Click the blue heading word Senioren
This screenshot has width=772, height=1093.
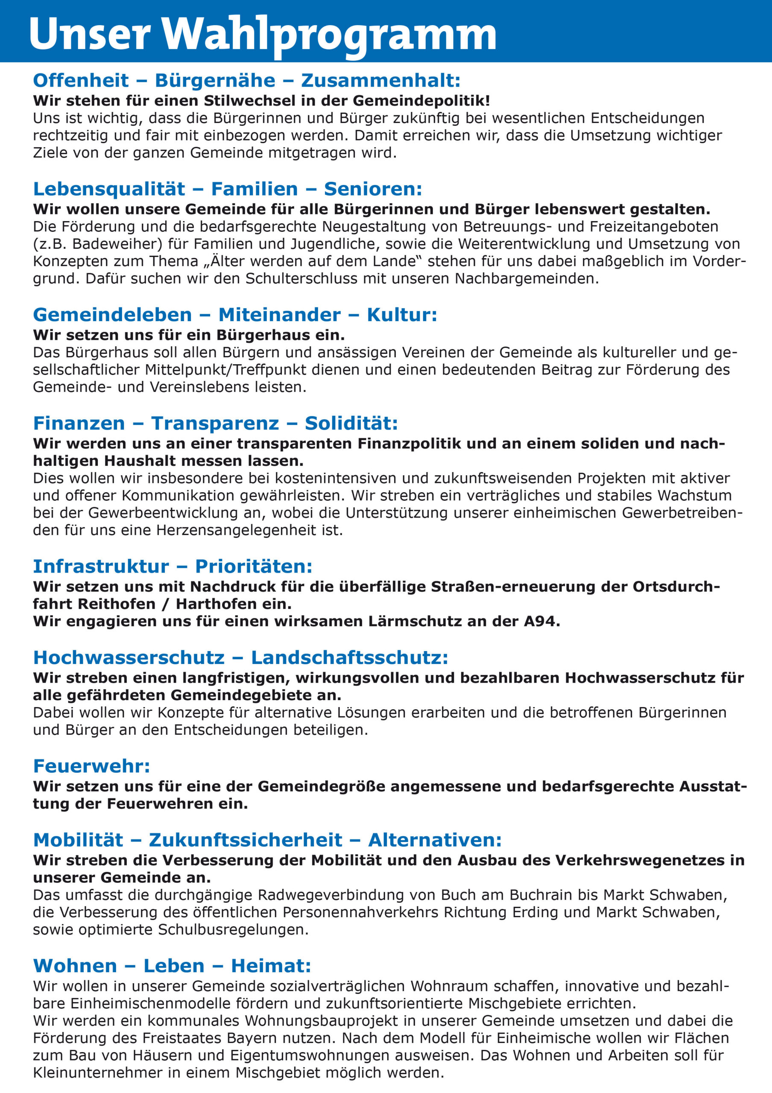pos(373,189)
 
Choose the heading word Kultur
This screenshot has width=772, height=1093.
pos(401,315)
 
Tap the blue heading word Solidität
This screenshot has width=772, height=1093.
pos(351,423)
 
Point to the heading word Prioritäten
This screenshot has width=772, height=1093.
pos(253,567)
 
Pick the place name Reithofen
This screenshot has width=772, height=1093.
pos(116,604)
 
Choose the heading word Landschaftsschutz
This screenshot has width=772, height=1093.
pos(349,658)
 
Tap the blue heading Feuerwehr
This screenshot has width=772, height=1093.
pos(91,766)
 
